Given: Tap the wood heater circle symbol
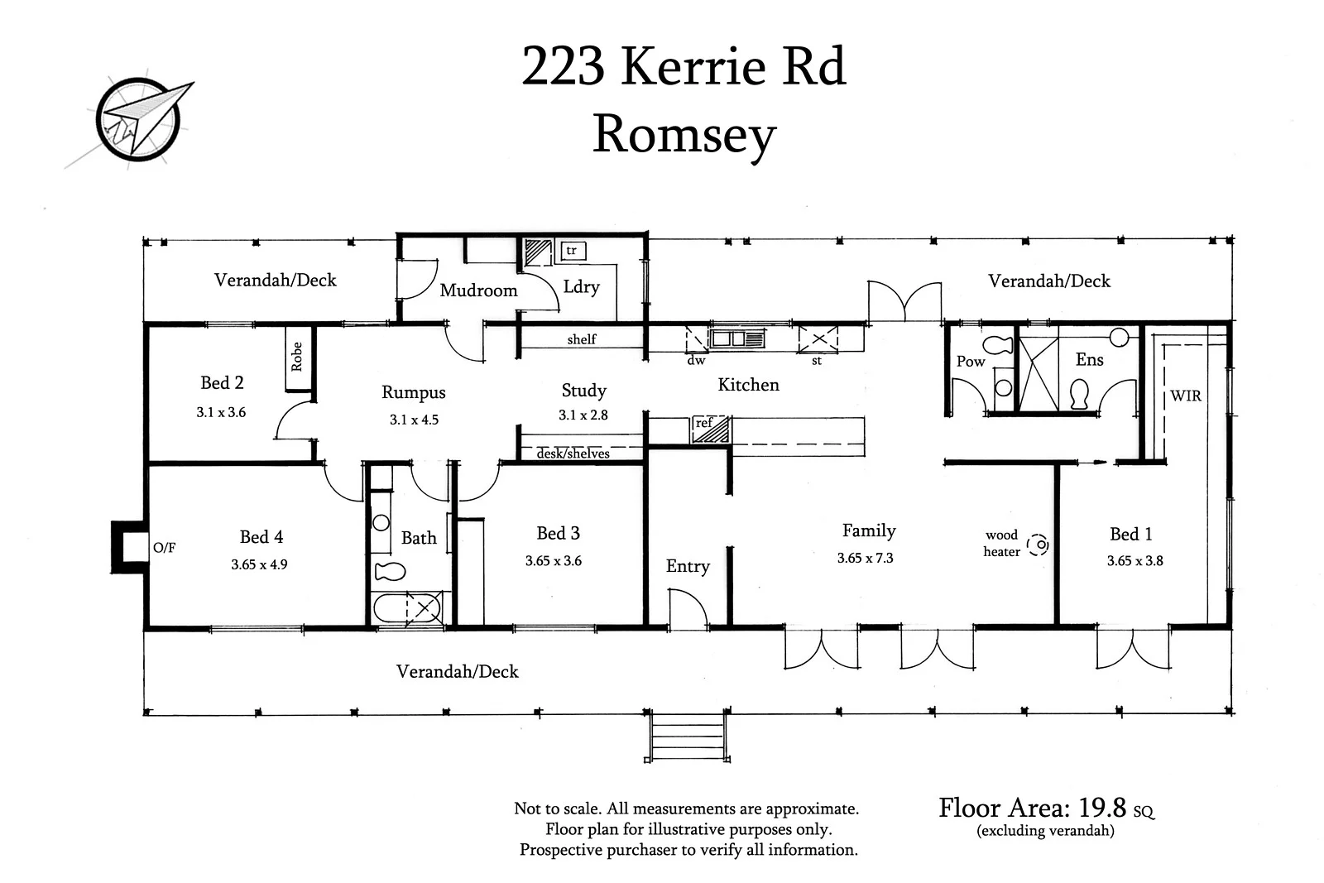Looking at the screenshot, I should tap(1038, 545).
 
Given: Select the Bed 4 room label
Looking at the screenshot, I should tap(261, 537).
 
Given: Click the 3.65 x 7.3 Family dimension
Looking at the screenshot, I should tap(865, 559).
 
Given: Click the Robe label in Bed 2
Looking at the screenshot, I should tap(297, 357).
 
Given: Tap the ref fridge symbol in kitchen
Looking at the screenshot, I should tap(711, 429).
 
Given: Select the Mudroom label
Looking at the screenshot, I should tap(478, 290).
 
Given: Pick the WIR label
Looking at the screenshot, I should tap(1185, 396).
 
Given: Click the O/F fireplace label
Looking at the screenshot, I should tap(164, 547).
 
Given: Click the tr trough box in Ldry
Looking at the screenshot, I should tap(571, 250).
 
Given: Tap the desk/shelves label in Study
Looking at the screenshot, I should tap(573, 453).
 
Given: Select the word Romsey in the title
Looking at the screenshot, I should tap(684, 135).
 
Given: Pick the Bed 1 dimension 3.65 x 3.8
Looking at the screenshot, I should tap(1135, 561).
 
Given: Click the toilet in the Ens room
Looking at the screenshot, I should tap(1079, 394).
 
